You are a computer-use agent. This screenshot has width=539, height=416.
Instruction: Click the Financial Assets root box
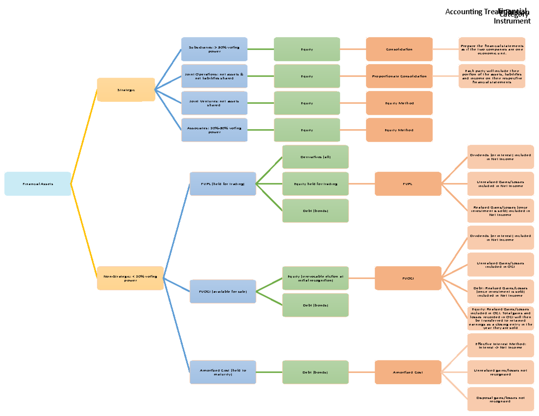38,184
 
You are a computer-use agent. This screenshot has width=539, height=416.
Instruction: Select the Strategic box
126,90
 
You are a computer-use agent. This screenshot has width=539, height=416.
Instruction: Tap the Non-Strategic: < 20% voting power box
130,278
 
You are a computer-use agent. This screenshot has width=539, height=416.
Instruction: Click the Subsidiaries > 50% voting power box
214,49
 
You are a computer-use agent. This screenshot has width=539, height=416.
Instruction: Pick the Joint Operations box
214,76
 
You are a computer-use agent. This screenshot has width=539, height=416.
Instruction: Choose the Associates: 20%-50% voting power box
214,130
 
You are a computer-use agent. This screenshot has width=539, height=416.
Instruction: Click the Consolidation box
399,49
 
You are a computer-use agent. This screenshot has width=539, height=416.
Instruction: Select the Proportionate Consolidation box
399,76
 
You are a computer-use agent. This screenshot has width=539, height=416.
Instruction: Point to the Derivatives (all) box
315,157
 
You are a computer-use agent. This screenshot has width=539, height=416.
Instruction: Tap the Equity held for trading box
315,184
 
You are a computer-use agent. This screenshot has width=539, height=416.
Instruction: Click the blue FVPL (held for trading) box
223,184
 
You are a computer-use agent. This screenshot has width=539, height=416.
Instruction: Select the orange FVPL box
408,184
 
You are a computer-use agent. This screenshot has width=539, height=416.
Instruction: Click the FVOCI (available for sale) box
223,291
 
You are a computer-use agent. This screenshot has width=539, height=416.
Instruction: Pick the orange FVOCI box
408,278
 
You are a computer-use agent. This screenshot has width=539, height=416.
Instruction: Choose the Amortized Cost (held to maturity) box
223,372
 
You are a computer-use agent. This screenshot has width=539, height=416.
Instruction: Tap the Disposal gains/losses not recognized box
500,399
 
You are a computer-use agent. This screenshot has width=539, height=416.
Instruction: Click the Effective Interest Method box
500,345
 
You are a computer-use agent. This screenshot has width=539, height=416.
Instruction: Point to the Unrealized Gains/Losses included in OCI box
500,264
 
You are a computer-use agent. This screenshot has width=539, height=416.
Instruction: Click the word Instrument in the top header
512,21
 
